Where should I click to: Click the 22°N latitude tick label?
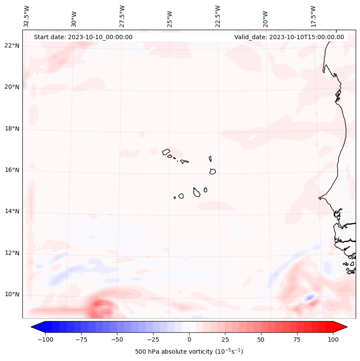(x=12, y=46)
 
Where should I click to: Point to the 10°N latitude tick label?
(x=12, y=295)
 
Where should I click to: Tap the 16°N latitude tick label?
(x=12, y=170)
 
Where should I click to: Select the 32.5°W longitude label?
(x=27, y=16)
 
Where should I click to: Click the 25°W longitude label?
(x=170, y=16)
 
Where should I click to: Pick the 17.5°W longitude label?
(x=313, y=16)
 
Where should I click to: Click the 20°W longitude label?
(x=265, y=16)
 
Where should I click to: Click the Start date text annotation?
(x=83, y=37)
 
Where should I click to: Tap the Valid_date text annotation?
(x=289, y=37)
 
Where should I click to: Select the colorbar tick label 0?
(x=189, y=339)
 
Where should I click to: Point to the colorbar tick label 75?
(x=297, y=339)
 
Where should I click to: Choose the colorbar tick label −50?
(x=117, y=339)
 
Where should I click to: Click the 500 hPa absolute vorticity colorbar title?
(x=189, y=352)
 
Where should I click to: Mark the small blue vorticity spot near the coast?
(x=309, y=298)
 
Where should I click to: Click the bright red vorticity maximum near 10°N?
(x=98, y=306)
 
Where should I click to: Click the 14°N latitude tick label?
(x=12, y=211)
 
